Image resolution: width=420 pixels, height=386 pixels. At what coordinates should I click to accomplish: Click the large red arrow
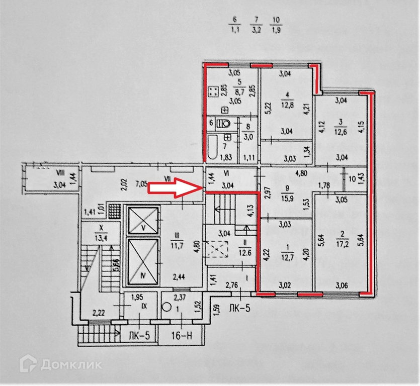coord(174,188)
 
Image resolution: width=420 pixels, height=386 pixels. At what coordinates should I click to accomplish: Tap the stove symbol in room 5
coord(214,92)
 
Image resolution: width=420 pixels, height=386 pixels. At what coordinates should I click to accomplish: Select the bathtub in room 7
coord(213,145)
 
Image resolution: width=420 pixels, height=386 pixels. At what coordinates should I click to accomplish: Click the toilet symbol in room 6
coord(224,123)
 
